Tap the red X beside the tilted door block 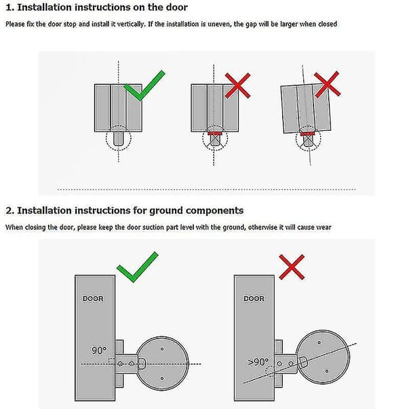[x=327, y=85]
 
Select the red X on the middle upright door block [x=237, y=85]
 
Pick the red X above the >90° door [x=292, y=267]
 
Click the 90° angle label [x=99, y=350]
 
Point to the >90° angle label [x=258, y=362]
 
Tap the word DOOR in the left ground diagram [x=93, y=298]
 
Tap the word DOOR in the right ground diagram [x=254, y=298]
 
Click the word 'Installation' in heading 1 [x=44, y=7]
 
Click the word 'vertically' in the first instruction [x=130, y=24]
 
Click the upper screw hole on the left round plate [x=162, y=349]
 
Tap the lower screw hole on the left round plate [x=162, y=378]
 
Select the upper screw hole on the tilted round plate [x=319, y=343]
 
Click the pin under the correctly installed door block [x=118, y=139]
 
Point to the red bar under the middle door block [x=215, y=134]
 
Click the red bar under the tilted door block [x=308, y=134]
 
